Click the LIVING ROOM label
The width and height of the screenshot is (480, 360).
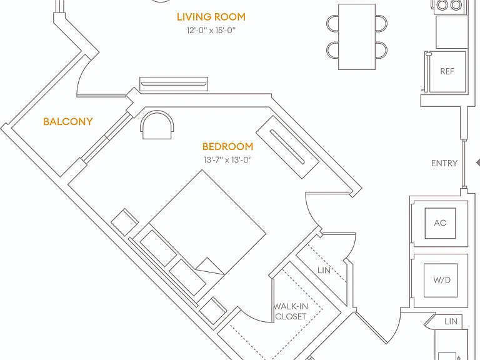tap(211, 17)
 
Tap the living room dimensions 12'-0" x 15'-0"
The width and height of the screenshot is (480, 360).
tap(211, 30)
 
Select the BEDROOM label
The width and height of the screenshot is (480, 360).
tap(227, 147)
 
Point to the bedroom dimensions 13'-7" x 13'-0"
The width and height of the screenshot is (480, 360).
tap(227, 160)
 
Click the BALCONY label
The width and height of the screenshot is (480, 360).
tap(68, 121)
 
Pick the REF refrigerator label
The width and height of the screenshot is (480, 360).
tap(447, 71)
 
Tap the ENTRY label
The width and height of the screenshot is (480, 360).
tap(444, 163)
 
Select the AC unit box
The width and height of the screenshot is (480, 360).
tap(440, 223)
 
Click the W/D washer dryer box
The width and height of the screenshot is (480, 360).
tap(441, 280)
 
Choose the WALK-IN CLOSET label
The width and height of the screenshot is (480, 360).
tap(291, 311)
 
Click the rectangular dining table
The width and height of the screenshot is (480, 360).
tap(357, 37)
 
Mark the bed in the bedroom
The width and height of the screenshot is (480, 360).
tap(199, 236)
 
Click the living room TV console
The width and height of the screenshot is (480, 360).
tap(174, 84)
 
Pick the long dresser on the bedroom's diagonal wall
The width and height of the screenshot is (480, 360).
tap(287, 147)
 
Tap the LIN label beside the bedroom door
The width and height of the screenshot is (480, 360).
tap(324, 270)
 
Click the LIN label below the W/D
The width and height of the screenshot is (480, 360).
tap(451, 321)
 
